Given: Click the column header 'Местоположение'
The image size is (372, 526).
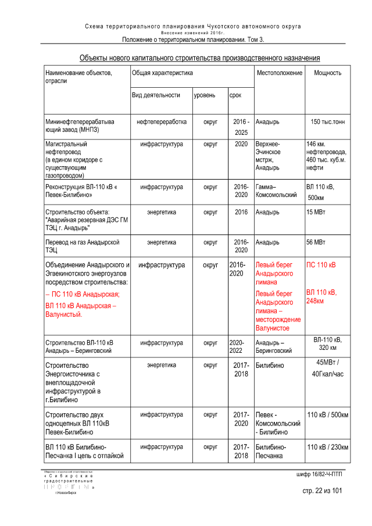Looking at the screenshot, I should (279, 73).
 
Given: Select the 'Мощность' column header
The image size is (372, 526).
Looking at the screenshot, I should (327, 73).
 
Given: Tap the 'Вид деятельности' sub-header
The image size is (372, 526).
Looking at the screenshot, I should (155, 95).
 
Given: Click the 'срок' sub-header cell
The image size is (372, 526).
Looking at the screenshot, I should (235, 95).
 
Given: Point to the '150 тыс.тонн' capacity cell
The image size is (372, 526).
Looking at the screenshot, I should (328, 122).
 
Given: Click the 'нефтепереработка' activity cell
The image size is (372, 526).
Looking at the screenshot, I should (162, 122).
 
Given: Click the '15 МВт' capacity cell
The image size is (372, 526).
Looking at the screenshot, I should (316, 213).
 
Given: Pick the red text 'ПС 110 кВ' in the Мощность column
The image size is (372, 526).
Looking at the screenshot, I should (321, 265).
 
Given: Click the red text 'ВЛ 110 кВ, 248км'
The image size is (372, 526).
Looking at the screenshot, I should (321, 296).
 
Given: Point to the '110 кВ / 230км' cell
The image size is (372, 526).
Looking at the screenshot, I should (328, 447).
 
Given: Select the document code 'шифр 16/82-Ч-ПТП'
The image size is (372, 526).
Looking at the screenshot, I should (320, 475).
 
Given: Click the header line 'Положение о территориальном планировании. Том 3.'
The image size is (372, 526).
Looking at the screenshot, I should (193, 40).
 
